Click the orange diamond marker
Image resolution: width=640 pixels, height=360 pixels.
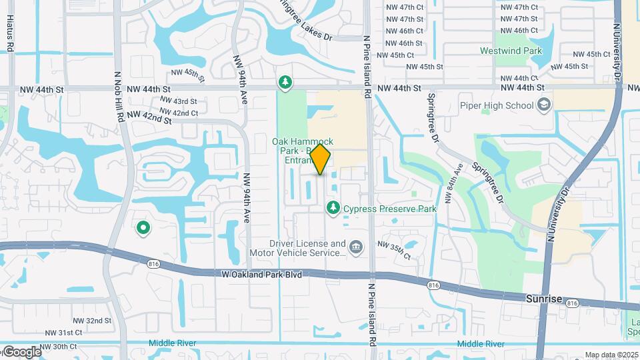click(321, 159)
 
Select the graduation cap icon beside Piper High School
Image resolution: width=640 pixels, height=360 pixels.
click(545, 105)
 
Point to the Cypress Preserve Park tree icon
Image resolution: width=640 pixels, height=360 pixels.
click(333, 209)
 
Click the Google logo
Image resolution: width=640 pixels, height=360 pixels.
click(21, 351)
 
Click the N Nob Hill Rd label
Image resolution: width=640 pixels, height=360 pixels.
click(120, 97)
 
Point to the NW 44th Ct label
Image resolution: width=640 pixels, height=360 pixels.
click(518, 78)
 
